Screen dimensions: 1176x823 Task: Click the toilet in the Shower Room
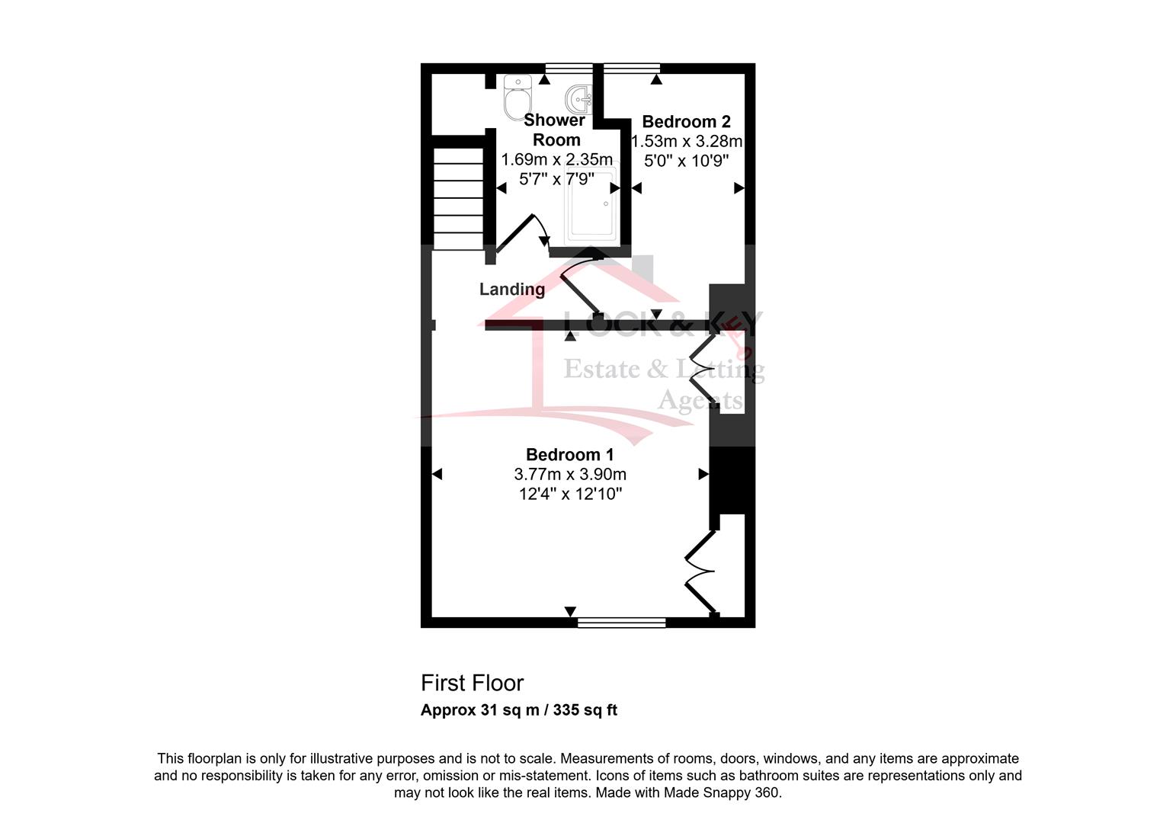click(518, 98)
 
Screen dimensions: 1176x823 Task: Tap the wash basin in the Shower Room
click(579, 100)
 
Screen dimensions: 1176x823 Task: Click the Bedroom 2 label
click(686, 122)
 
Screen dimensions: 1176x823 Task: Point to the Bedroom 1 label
click(569, 454)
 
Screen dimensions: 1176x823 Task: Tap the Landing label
click(512, 290)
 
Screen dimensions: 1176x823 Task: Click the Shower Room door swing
click(522, 232)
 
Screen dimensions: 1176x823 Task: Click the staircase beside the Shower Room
click(458, 199)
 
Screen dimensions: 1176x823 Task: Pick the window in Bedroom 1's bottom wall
click(622, 623)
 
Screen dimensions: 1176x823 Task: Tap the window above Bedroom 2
click(632, 69)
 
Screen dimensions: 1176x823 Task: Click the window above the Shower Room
click(569, 69)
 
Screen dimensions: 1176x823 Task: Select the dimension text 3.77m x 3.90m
click(569, 475)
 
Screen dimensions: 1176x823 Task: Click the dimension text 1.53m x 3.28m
click(686, 141)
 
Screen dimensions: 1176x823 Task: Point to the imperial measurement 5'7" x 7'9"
click(556, 180)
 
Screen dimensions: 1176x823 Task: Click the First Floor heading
click(472, 684)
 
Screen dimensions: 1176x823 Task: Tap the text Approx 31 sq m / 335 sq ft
click(519, 710)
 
